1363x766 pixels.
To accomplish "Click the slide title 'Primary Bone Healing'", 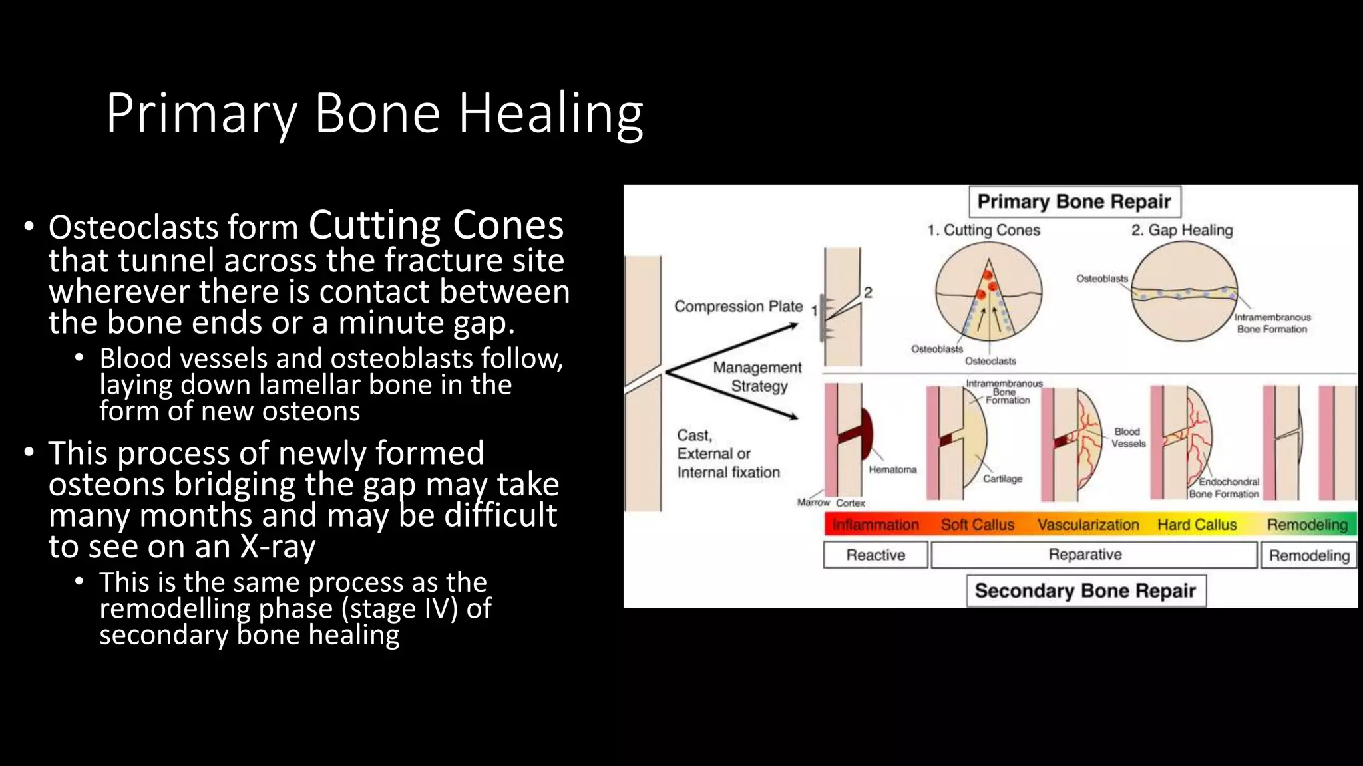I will coord(374,114).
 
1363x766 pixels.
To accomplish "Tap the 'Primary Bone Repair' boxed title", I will coord(1074,201).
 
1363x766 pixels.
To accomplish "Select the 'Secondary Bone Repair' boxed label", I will coord(1085,590).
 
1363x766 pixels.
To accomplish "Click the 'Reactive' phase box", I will coord(875,555).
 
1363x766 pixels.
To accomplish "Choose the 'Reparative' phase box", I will coord(1085,555).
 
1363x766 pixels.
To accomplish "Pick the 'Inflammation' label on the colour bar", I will coord(875,525).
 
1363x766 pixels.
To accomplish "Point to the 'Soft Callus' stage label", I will coord(977,525).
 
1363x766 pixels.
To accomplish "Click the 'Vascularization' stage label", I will coord(1088,525).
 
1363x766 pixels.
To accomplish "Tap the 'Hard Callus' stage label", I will coord(1197,525).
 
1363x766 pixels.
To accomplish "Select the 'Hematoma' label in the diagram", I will coord(892,469).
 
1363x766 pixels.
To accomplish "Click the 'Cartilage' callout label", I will coord(1002,479).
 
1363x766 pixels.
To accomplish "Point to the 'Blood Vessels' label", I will coord(1128,437).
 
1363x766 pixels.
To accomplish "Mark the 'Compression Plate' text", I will coord(739,307).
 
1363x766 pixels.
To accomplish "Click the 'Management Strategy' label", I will coord(758,376).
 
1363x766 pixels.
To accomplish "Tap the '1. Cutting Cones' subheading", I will coord(984,230).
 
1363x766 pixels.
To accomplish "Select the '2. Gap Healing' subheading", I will coord(1182,230).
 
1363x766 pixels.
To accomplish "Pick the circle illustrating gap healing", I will coord(1185,293).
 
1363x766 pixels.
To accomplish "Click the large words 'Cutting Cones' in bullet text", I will coord(436,225).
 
